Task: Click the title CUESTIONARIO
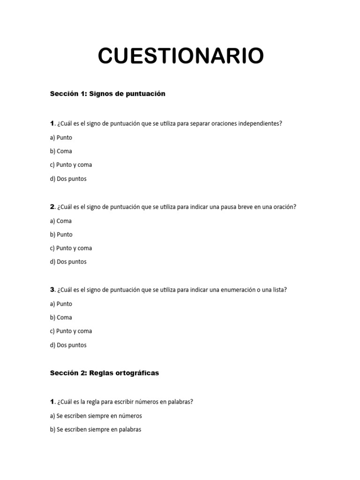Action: (x=180, y=56)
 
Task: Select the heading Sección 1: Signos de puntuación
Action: (x=107, y=94)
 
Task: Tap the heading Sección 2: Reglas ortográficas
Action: (x=104, y=373)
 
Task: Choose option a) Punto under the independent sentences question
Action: (x=61, y=137)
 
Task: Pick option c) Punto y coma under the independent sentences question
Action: (x=71, y=165)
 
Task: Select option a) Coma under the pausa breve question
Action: (x=60, y=221)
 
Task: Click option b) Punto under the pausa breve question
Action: (x=61, y=234)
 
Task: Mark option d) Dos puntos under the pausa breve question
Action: (x=68, y=262)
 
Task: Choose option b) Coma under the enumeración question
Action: (x=60, y=317)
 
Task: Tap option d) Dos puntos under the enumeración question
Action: (x=68, y=345)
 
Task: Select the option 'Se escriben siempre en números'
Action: (x=96, y=416)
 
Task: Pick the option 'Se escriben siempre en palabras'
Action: (x=95, y=429)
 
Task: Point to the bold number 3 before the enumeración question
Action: (x=52, y=290)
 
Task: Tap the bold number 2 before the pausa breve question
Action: (x=52, y=207)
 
